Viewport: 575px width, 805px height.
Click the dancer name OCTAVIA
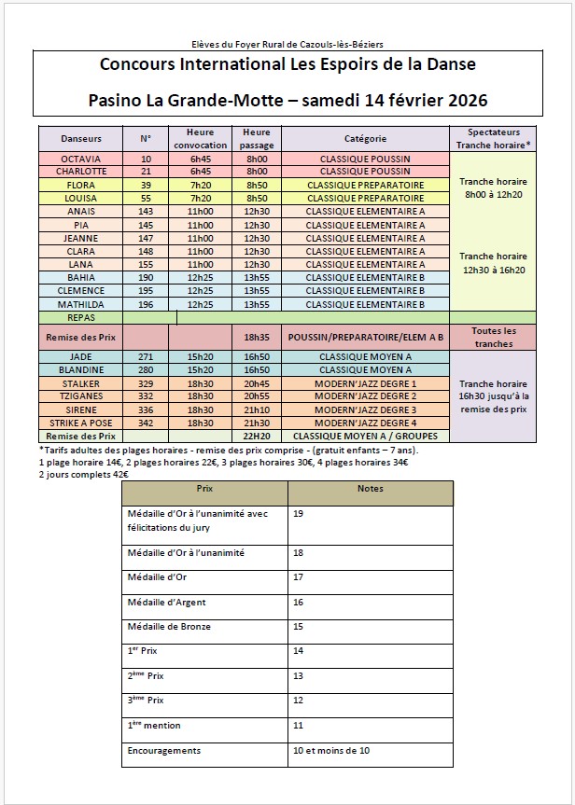(80, 159)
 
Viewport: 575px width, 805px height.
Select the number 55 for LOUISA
(146, 199)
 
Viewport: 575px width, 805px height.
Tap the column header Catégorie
(364, 138)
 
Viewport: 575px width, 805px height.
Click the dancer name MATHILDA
(80, 304)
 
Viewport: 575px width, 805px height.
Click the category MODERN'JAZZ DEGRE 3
(364, 409)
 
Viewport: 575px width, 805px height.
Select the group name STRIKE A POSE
(80, 423)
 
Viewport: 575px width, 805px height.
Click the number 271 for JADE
(146, 356)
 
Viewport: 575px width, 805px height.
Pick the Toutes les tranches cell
(493, 337)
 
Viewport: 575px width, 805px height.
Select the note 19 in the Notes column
(298, 514)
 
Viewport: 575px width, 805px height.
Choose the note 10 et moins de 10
(330, 750)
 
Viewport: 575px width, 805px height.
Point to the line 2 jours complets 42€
(84, 474)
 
